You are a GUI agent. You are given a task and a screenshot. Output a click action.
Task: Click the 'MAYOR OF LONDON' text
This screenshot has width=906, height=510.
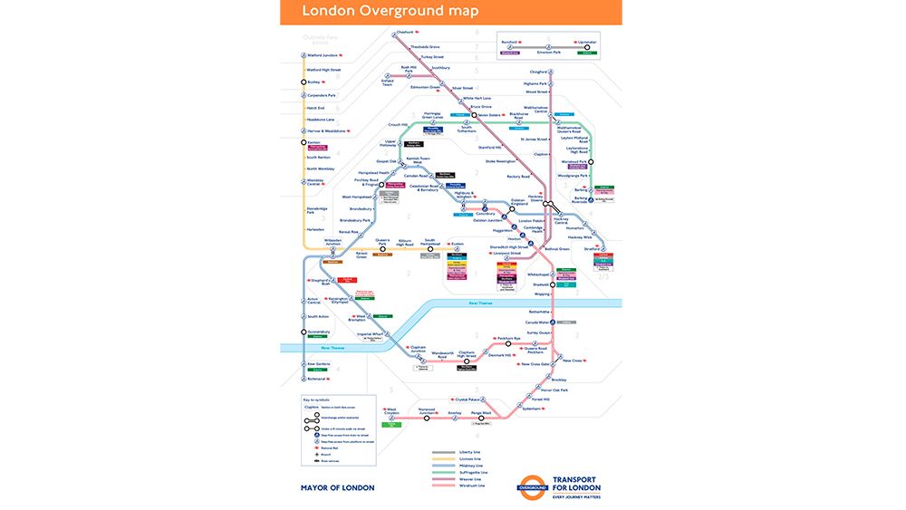(337, 487)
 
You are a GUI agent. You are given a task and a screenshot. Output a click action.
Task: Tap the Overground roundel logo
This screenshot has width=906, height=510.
(534, 486)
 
